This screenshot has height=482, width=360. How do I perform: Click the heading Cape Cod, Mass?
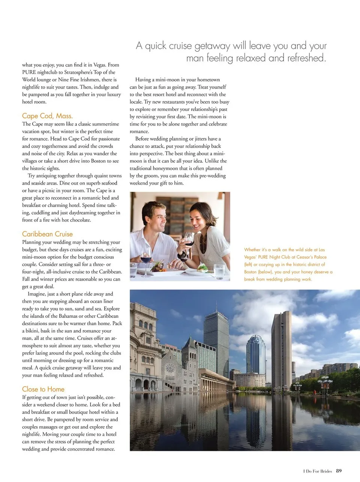[47, 116]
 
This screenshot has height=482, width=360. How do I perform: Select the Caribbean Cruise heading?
[47, 234]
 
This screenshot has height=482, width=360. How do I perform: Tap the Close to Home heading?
[43, 389]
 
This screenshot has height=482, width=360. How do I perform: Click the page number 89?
[339, 471]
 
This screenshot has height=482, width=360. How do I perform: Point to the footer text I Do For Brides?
[317, 471]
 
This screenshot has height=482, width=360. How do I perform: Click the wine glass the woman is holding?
[189, 240]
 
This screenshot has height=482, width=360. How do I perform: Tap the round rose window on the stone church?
[170, 368]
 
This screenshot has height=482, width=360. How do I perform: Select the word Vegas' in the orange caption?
[250, 257]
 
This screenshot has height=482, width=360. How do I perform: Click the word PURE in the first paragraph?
[29, 72]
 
